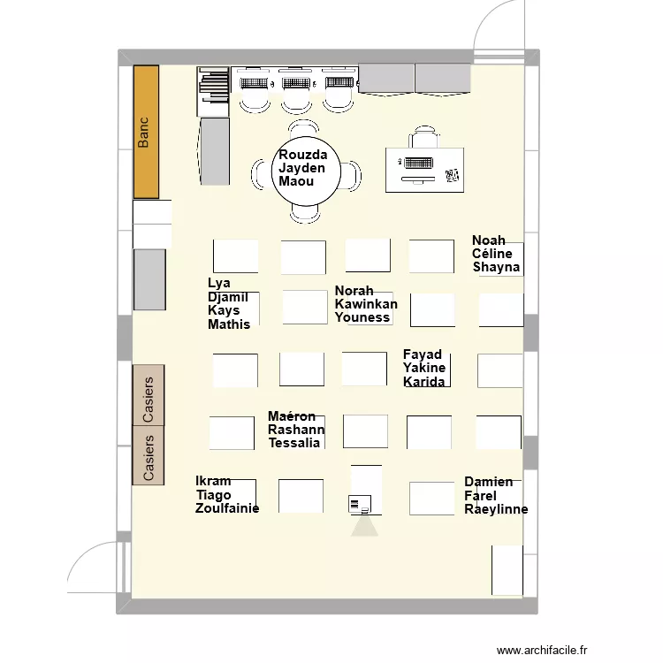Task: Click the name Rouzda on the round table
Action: [x=302, y=155]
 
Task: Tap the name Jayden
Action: [x=301, y=168]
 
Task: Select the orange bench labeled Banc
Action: [x=146, y=132]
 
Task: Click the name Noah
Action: [x=488, y=240]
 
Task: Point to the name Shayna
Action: [x=496, y=267]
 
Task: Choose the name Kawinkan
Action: [x=366, y=304]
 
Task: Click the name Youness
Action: [x=362, y=317]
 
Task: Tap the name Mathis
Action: [x=229, y=324]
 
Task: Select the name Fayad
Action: [x=422, y=354]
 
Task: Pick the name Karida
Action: [x=423, y=382]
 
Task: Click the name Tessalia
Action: [x=293, y=443]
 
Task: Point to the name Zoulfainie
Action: [x=227, y=508]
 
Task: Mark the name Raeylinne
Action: [x=496, y=509]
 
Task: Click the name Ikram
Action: [x=213, y=481]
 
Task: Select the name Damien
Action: [x=488, y=482]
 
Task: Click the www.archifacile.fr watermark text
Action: [x=542, y=650]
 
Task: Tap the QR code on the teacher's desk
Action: [x=452, y=176]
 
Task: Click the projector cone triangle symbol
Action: [x=364, y=527]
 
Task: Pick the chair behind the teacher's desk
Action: [x=424, y=136]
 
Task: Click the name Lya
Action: [x=219, y=283]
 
